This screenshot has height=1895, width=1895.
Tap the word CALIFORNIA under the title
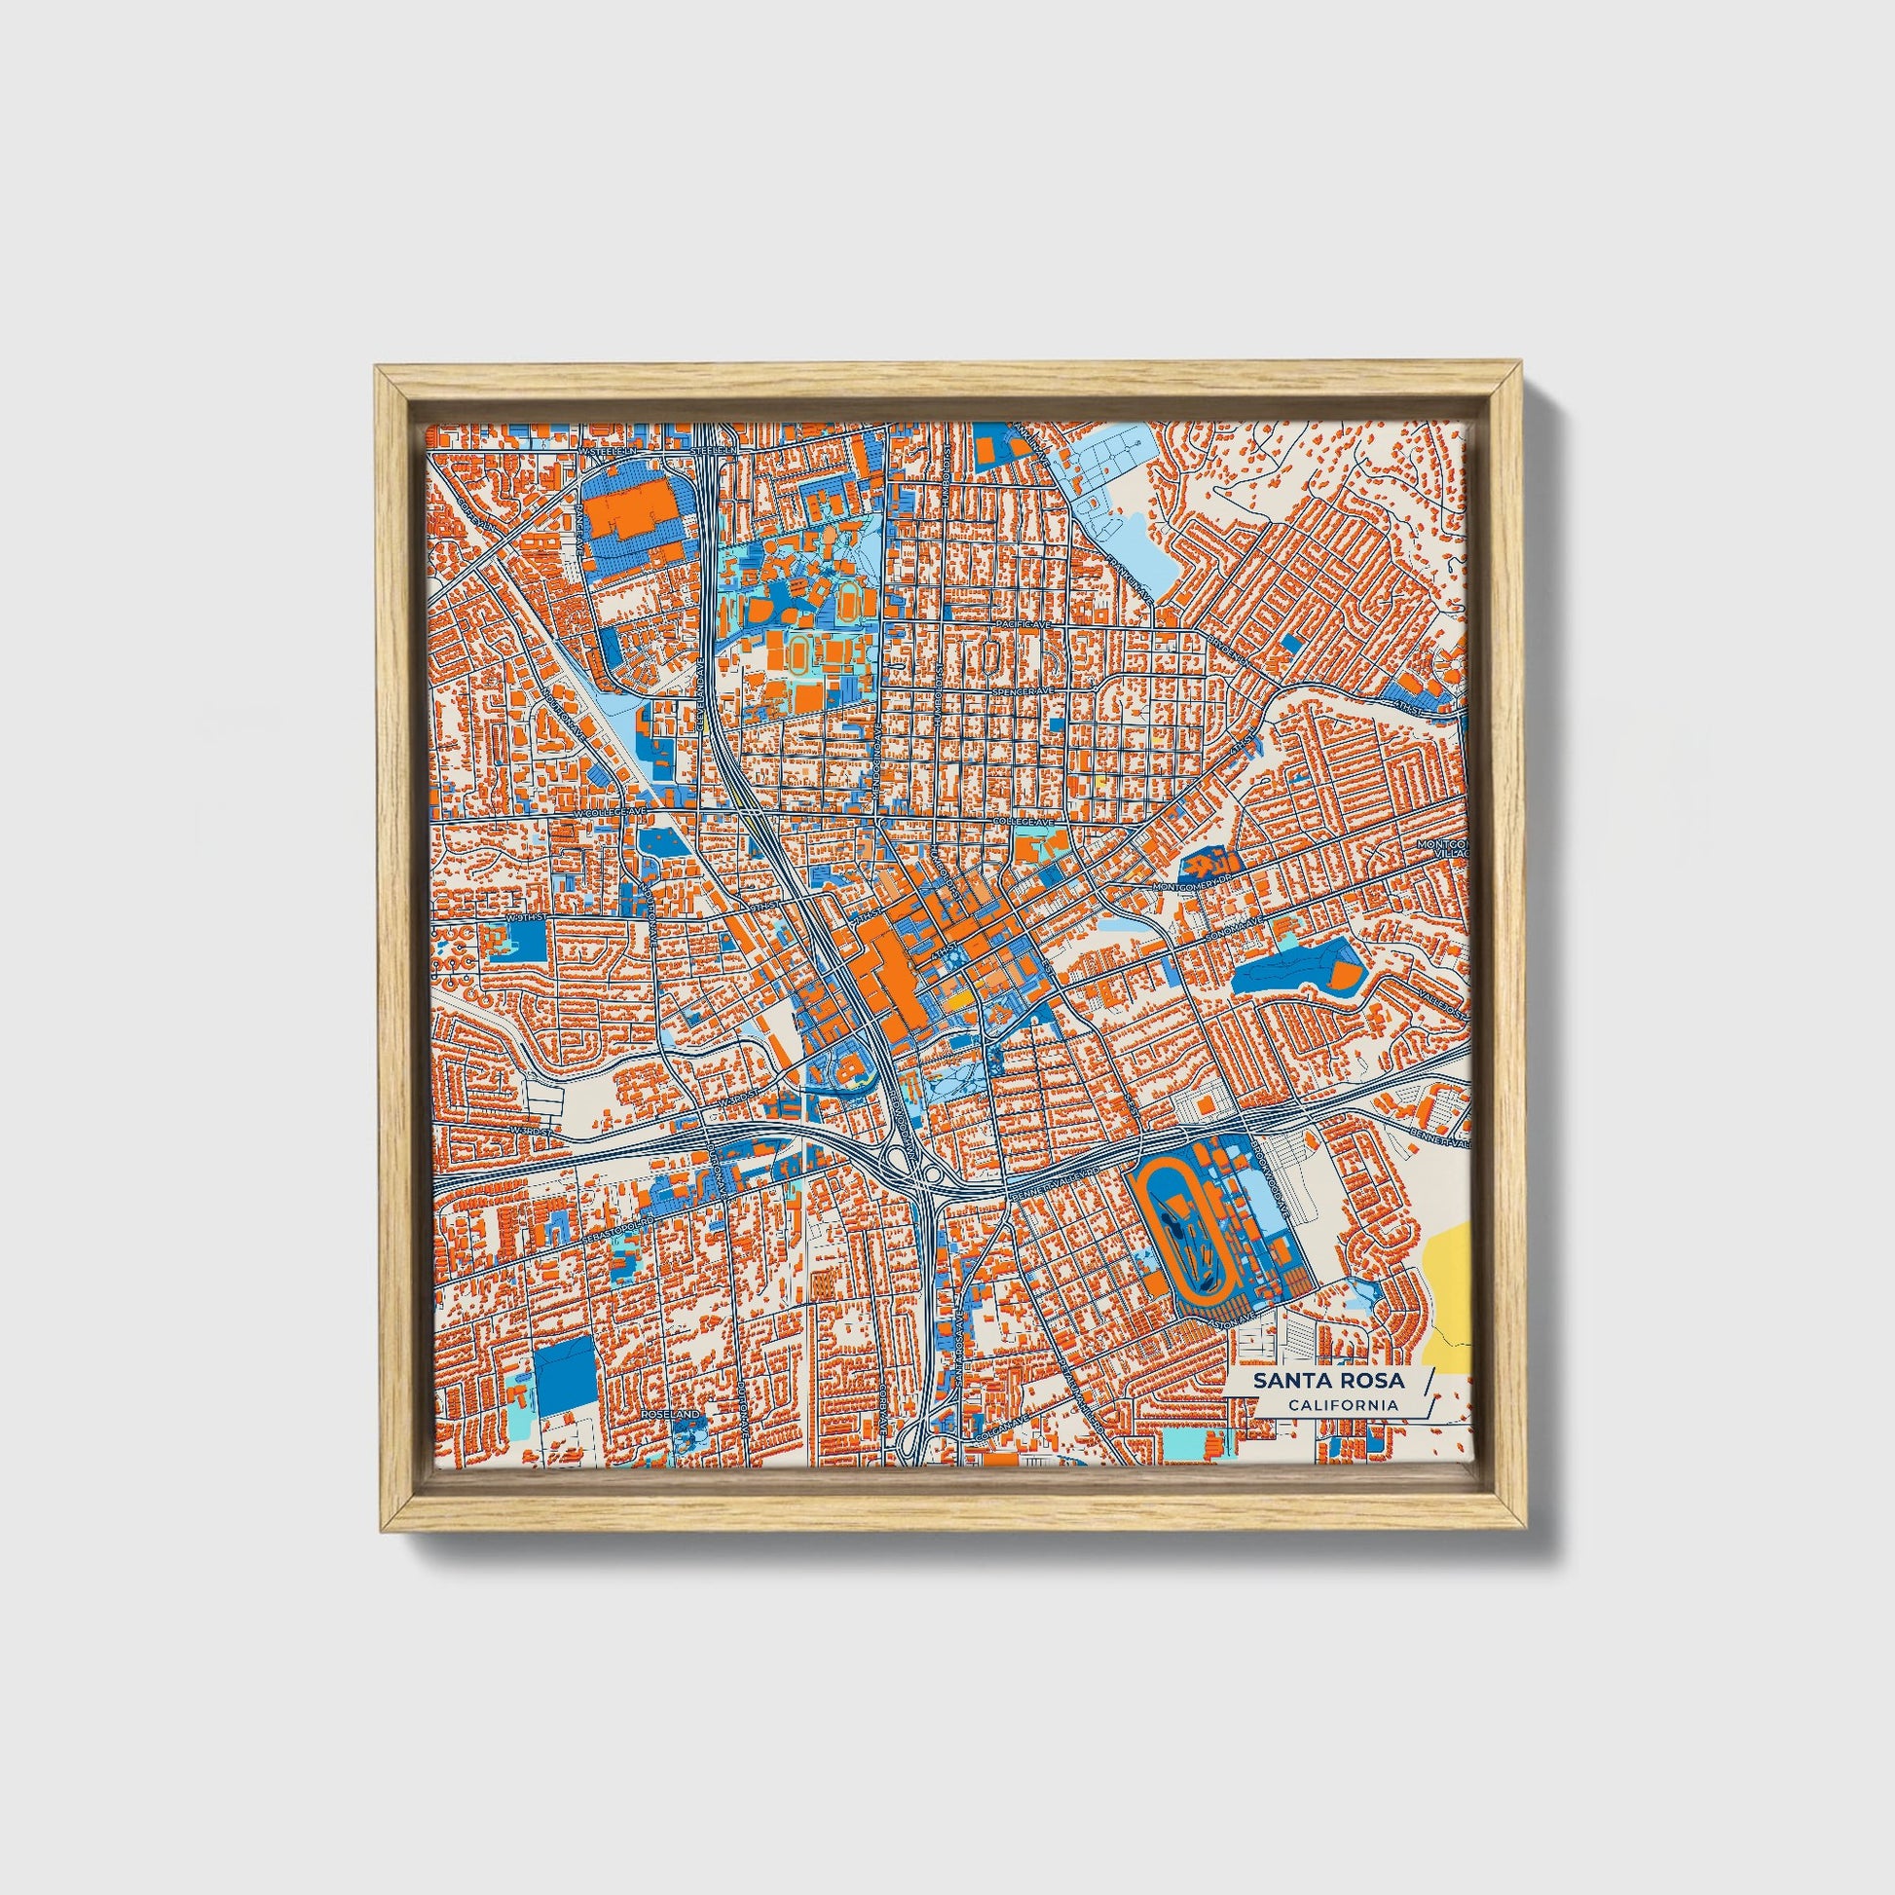tap(1343, 1405)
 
